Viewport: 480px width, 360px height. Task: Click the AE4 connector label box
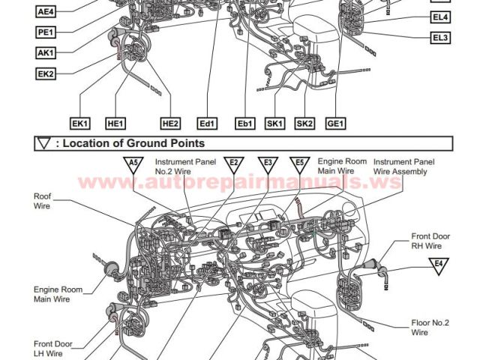coord(46,12)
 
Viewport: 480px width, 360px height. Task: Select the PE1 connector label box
coord(46,32)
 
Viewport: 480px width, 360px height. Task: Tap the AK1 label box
coord(46,53)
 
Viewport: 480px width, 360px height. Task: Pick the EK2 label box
coord(46,73)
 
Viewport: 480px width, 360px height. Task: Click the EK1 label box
coord(80,124)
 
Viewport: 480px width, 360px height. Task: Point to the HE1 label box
coord(115,124)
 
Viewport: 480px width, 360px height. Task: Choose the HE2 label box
coord(170,124)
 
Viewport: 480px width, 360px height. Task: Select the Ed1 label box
coord(207,124)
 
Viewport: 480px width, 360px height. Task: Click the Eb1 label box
coord(245,124)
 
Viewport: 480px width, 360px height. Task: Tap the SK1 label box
coord(275,124)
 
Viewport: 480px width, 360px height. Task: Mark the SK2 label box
coord(305,124)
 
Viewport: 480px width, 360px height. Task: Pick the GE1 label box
coord(335,124)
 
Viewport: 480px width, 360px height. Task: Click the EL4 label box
coord(440,17)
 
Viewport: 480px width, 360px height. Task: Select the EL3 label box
coord(440,38)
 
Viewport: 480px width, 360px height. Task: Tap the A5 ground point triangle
coord(133,163)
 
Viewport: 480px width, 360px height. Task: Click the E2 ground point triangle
coord(234,163)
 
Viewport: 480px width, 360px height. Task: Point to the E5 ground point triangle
coord(300,163)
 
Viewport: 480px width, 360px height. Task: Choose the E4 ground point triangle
coord(439,265)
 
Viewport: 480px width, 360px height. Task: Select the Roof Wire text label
coord(42,201)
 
